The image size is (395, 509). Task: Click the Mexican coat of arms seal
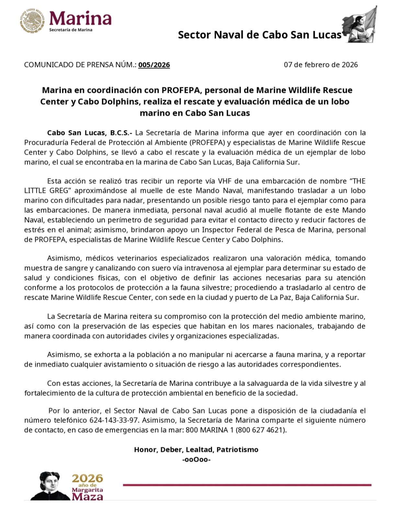pyautogui.click(x=32, y=21)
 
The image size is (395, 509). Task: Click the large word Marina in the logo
pyautogui.click(x=80, y=18)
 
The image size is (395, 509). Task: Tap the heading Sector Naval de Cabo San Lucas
pyautogui.click(x=260, y=35)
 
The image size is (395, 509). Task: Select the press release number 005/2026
pyautogui.click(x=154, y=65)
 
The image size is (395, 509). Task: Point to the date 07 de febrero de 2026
pyautogui.click(x=321, y=64)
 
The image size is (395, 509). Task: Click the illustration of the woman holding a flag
pyautogui.click(x=360, y=25)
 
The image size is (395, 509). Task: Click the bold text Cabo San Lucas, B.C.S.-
pyautogui.click(x=89, y=133)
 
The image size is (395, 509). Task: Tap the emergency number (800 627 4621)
pyautogui.click(x=261, y=430)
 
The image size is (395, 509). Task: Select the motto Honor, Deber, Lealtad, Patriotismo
pyautogui.click(x=196, y=449)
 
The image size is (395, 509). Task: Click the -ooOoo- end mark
pyautogui.click(x=196, y=459)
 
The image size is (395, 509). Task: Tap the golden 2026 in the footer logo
pyautogui.click(x=87, y=478)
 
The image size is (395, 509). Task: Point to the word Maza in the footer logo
pyautogui.click(x=87, y=496)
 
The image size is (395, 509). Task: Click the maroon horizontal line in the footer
pyautogui.click(x=247, y=485)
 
